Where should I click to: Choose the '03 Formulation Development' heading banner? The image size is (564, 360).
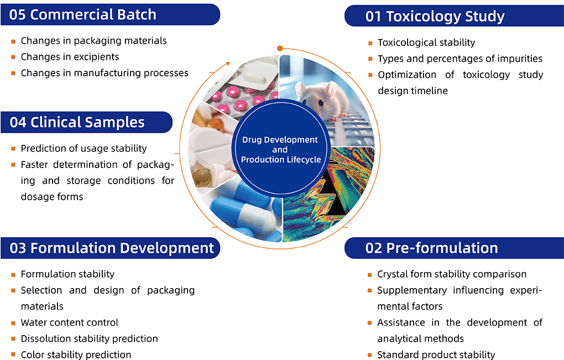[x=110, y=248]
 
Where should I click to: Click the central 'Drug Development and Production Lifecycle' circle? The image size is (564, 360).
[x=280, y=150]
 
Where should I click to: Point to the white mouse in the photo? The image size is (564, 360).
[x=321, y=97]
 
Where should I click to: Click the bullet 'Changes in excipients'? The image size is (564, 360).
[x=70, y=57]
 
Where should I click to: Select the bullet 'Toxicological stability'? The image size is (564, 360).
[x=426, y=43]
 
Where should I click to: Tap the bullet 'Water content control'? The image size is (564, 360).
[x=69, y=322]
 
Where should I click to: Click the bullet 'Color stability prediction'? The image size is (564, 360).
[x=76, y=354]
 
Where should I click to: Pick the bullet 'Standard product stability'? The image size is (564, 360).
[x=436, y=354]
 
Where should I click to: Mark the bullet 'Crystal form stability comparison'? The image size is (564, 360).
[x=451, y=274]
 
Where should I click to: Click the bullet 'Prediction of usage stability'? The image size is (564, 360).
[x=83, y=148]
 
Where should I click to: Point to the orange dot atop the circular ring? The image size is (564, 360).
[x=280, y=49]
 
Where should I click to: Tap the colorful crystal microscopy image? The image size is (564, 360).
[x=332, y=194]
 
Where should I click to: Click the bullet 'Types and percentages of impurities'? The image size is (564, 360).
[x=459, y=59]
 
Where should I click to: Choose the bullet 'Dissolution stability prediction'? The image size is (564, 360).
[x=89, y=338]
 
